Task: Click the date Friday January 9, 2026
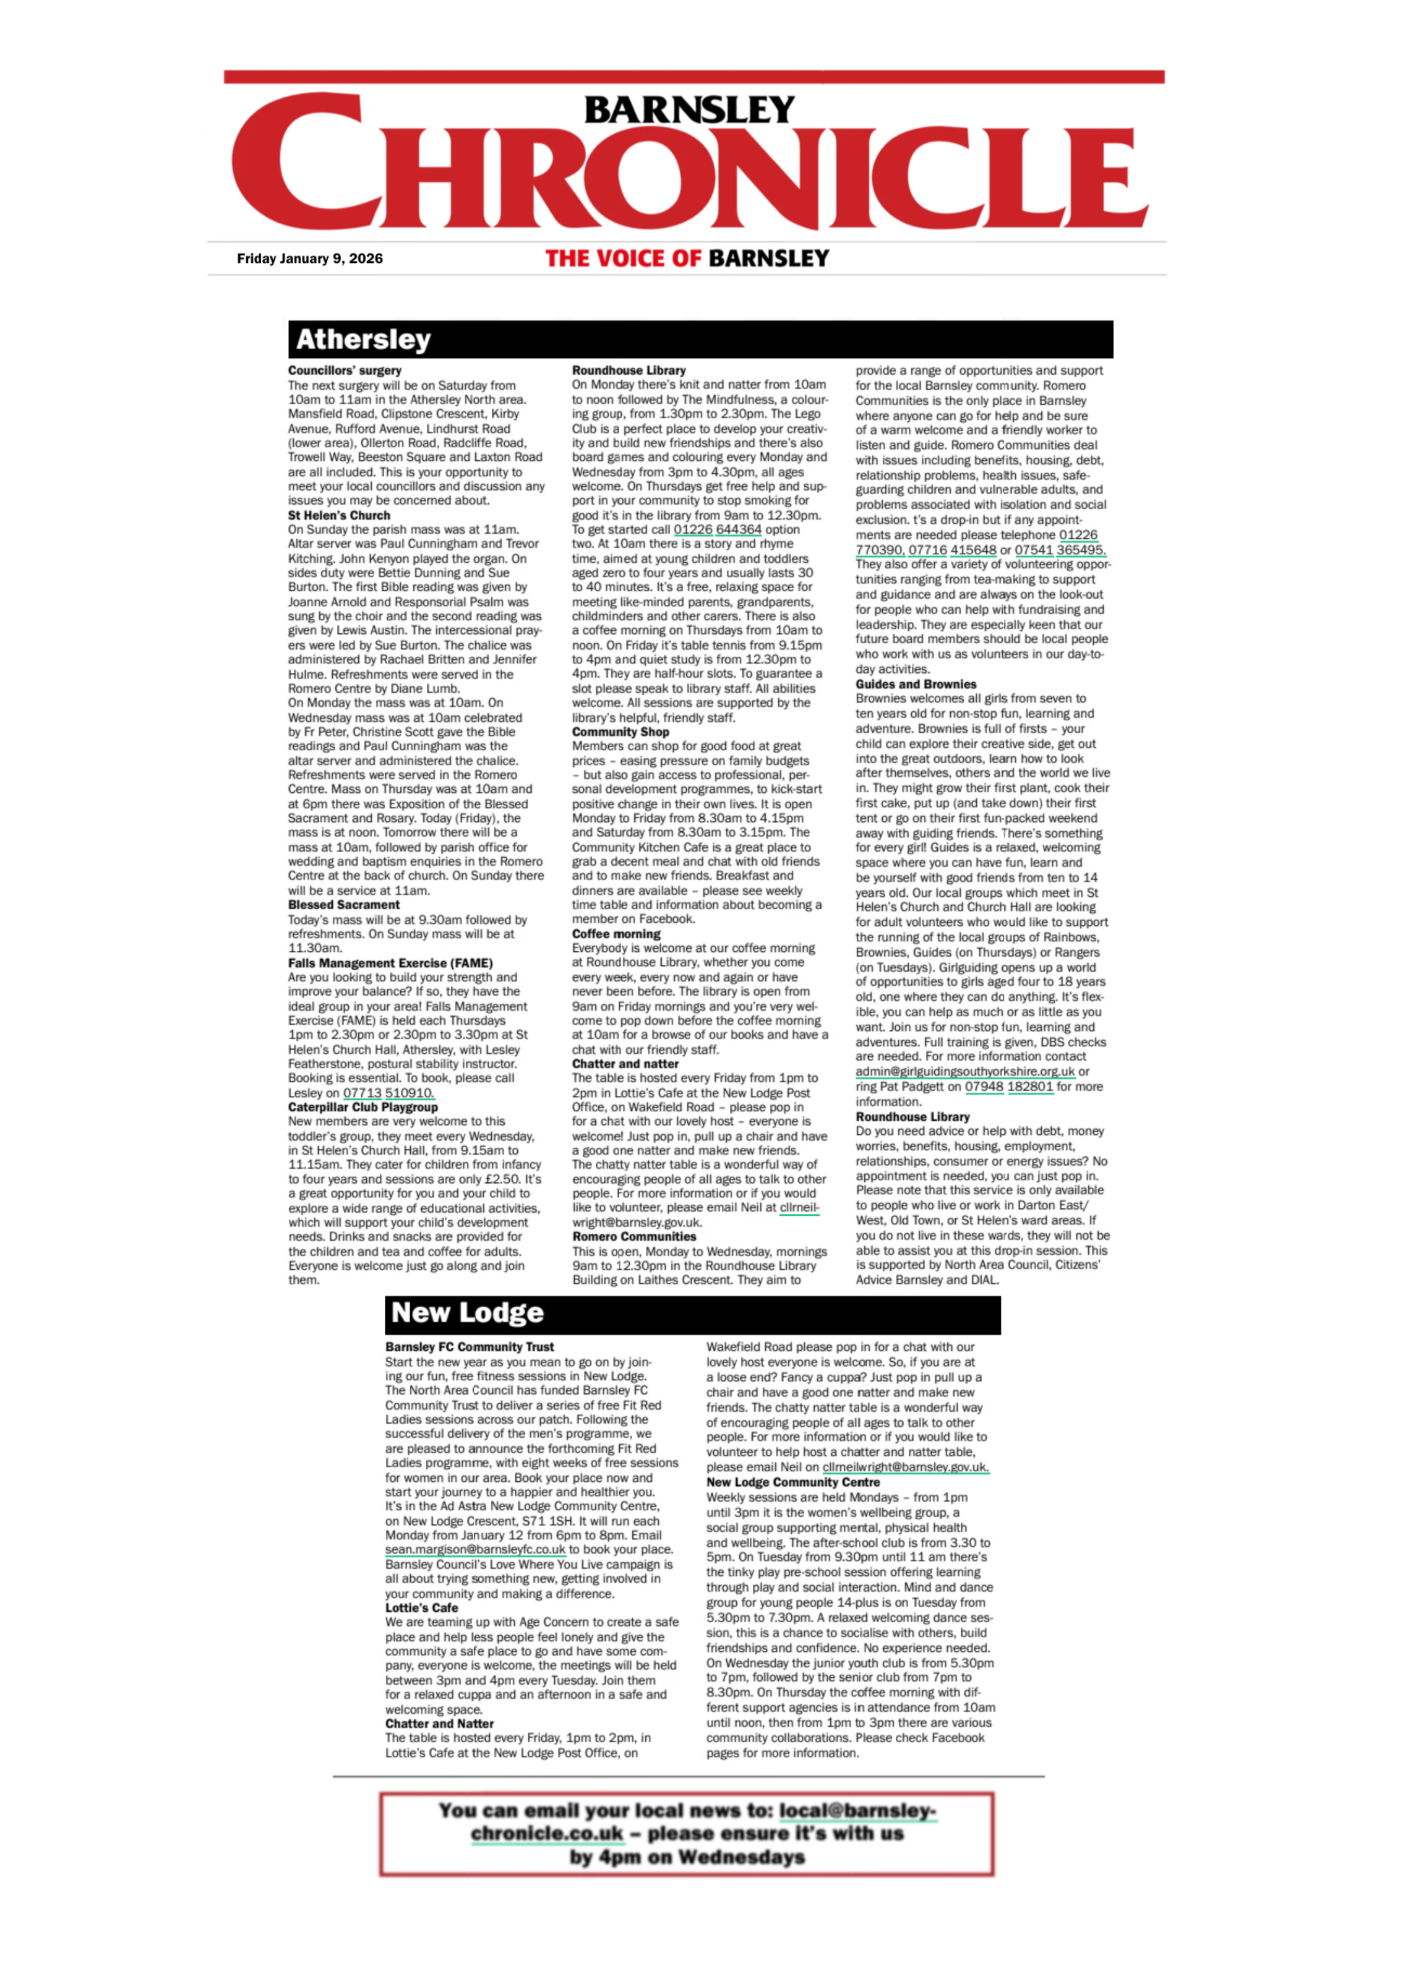point(309,259)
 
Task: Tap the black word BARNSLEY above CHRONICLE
point(689,110)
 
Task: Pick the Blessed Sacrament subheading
point(343,905)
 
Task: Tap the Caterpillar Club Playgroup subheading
point(363,1107)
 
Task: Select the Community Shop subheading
point(620,732)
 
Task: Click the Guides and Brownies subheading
point(916,684)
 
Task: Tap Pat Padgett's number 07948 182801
point(1008,1087)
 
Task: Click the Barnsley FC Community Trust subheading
point(469,1347)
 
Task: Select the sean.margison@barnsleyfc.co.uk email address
point(475,1550)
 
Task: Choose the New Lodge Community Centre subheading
point(792,1482)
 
